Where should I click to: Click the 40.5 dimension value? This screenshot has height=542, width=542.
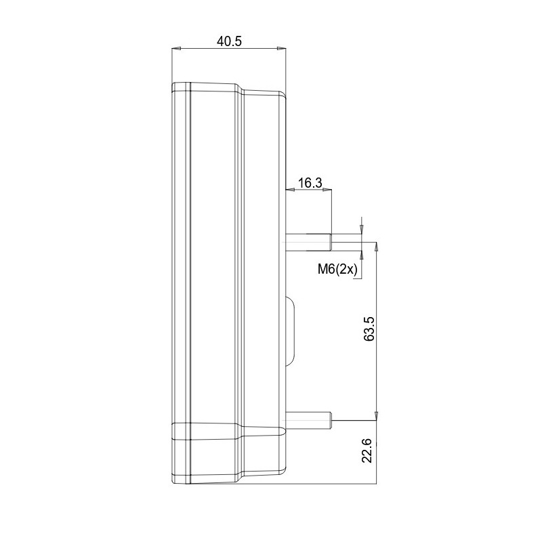230,41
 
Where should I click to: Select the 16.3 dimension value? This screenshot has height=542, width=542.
310,183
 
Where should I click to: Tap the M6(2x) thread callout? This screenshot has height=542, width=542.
337,269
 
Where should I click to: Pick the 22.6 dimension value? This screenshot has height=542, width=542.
367,451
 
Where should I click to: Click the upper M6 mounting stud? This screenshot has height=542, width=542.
309,242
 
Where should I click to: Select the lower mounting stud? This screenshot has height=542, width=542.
309,420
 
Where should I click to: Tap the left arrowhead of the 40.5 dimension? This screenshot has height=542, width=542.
176,49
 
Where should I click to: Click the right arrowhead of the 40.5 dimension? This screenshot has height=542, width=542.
282,49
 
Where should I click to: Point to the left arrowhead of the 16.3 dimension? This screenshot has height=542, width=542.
291,190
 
